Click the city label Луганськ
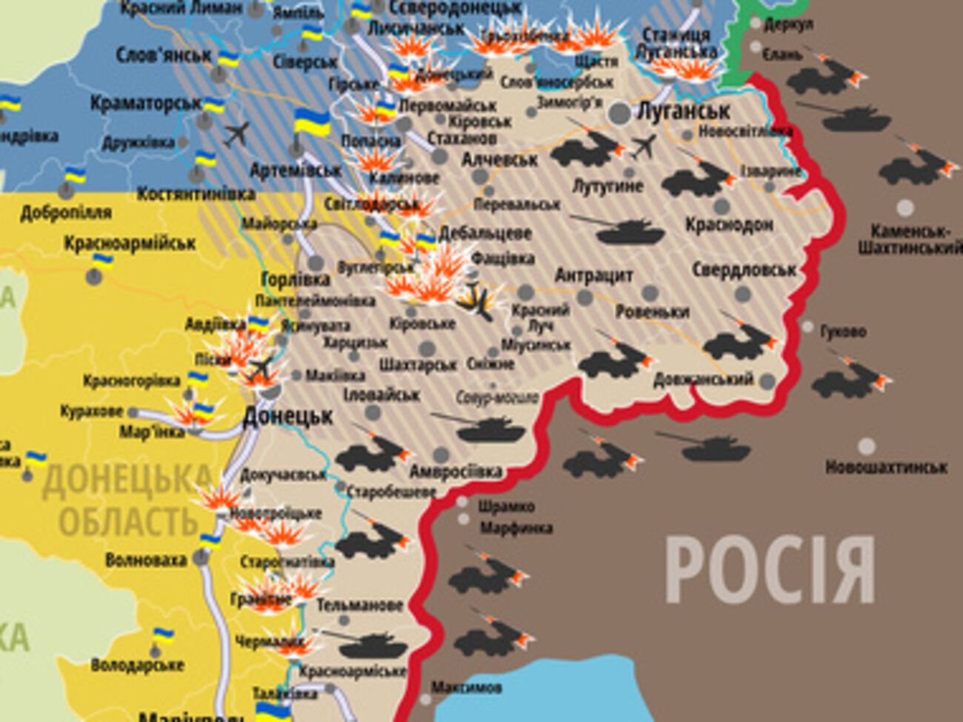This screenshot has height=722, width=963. [x=683, y=112]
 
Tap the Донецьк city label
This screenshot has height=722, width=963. [x=287, y=416]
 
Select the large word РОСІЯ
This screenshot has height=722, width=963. [x=770, y=571]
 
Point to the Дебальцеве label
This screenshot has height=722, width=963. [x=485, y=233]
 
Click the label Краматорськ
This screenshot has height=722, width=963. [x=146, y=103]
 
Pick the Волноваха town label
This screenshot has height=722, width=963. [x=146, y=560]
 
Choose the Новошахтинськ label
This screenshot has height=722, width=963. [x=886, y=467]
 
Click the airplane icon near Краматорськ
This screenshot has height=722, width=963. [x=237, y=134]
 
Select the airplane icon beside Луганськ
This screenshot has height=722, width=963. [x=643, y=146]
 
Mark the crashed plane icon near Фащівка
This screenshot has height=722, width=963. [x=475, y=299]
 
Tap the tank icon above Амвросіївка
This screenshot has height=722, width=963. [x=481, y=427]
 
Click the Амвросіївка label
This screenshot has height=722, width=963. [x=456, y=472]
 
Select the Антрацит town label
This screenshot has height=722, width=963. [x=593, y=275]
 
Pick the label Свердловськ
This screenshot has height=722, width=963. [x=744, y=270]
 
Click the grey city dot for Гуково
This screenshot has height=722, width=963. [x=807, y=327]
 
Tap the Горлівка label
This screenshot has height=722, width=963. [x=296, y=280]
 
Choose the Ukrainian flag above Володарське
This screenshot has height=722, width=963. [x=163, y=636]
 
